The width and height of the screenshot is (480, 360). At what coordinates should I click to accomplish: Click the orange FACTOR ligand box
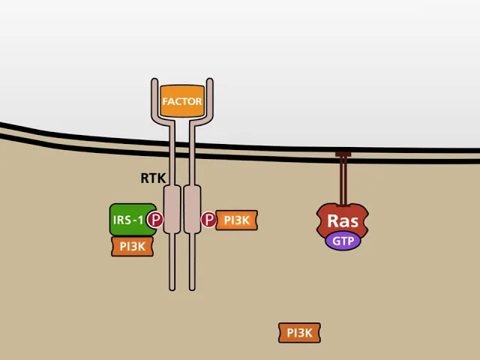click(182, 101)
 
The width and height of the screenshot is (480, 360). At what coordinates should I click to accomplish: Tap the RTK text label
click(153, 178)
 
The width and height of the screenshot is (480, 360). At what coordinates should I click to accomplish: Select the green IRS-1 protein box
click(133, 220)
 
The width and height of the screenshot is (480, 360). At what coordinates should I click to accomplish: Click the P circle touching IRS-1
click(155, 219)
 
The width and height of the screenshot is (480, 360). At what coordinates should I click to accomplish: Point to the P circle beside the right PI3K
click(209, 219)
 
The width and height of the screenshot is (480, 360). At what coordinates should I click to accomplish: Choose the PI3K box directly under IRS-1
click(132, 247)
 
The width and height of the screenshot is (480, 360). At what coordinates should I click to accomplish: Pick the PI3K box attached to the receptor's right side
click(237, 220)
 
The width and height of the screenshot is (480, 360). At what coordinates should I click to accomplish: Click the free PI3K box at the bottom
click(299, 333)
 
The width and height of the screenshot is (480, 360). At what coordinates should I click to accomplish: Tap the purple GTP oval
click(343, 241)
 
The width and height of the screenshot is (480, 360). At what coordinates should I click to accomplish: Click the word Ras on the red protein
click(343, 220)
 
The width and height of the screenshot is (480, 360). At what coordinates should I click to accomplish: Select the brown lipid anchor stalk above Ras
click(343, 181)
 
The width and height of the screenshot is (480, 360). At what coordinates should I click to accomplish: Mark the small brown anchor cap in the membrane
click(343, 154)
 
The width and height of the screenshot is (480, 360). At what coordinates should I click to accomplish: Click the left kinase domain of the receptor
click(172, 209)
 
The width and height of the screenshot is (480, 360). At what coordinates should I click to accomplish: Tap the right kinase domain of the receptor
click(192, 209)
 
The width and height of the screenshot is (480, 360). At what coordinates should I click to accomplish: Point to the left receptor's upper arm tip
click(154, 80)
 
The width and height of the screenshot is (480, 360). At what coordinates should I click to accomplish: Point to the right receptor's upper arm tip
click(210, 80)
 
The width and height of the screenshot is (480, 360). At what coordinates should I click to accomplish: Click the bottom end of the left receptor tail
click(172, 289)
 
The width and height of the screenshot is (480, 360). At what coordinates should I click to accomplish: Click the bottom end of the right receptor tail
click(192, 289)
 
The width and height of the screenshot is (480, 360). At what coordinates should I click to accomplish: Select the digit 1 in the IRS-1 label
click(140, 220)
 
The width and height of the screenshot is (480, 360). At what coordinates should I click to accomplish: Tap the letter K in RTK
click(162, 178)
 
